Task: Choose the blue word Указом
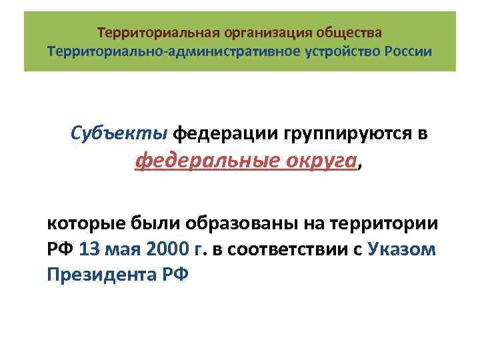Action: (x=402, y=249)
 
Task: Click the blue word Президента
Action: (x=100, y=275)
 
